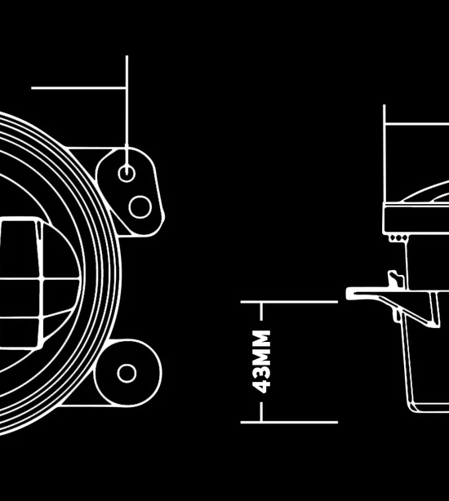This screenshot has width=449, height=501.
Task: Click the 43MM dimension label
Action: pos(261,361)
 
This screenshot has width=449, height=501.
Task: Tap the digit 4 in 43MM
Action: pos(261,386)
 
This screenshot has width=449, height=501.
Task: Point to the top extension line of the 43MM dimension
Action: pos(289,302)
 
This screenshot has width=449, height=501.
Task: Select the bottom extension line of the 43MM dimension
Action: pos(289,423)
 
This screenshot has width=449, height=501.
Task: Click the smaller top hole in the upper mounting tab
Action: pos(127,174)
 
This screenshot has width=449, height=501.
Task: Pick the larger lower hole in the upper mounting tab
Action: pos(140,207)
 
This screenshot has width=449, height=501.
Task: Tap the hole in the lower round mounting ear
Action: pos(127,373)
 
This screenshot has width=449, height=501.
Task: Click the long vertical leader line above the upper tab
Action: pos(127,115)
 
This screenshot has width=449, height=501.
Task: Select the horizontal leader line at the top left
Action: pos(78,88)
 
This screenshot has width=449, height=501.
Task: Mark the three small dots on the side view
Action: pos(398,238)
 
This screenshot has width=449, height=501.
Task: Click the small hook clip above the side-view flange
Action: pos(395,279)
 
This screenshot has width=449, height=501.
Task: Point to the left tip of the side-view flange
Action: pos(347,293)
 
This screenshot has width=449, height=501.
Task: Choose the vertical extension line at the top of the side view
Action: pos(385,153)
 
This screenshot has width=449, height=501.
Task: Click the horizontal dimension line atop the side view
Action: pos(416,124)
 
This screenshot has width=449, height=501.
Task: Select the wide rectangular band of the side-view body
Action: pos(416,219)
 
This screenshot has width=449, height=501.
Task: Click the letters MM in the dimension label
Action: pos(261,348)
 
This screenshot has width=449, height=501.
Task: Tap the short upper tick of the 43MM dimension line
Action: pos(262,311)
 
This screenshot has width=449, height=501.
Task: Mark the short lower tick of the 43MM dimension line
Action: pos(262,412)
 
